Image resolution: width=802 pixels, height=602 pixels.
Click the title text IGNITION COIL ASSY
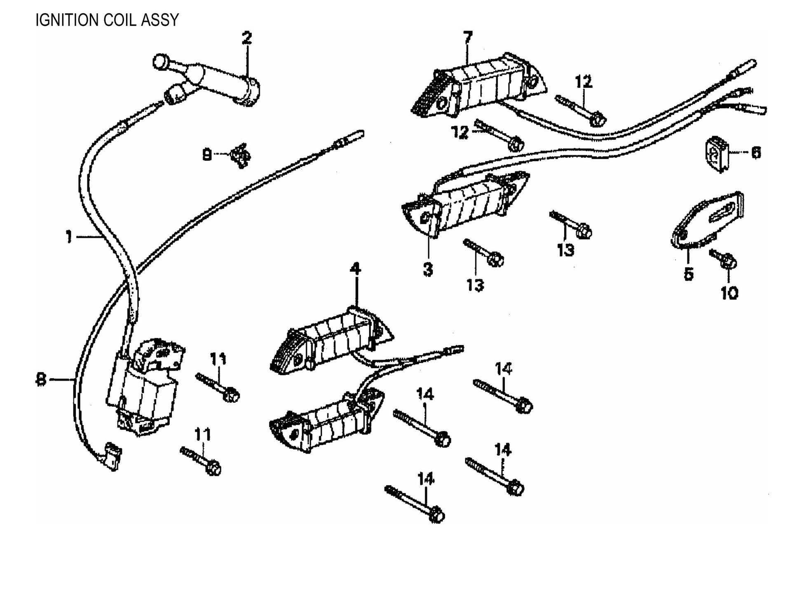[107, 20]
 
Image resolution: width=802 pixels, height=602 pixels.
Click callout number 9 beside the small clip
[207, 155]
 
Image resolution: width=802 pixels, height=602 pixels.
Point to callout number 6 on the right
[756, 153]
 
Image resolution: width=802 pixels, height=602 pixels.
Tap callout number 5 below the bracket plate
[689, 273]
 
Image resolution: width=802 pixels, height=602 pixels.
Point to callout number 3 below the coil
[428, 270]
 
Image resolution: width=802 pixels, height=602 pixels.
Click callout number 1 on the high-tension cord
[69, 237]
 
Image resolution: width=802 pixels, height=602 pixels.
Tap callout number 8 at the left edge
[40, 379]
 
